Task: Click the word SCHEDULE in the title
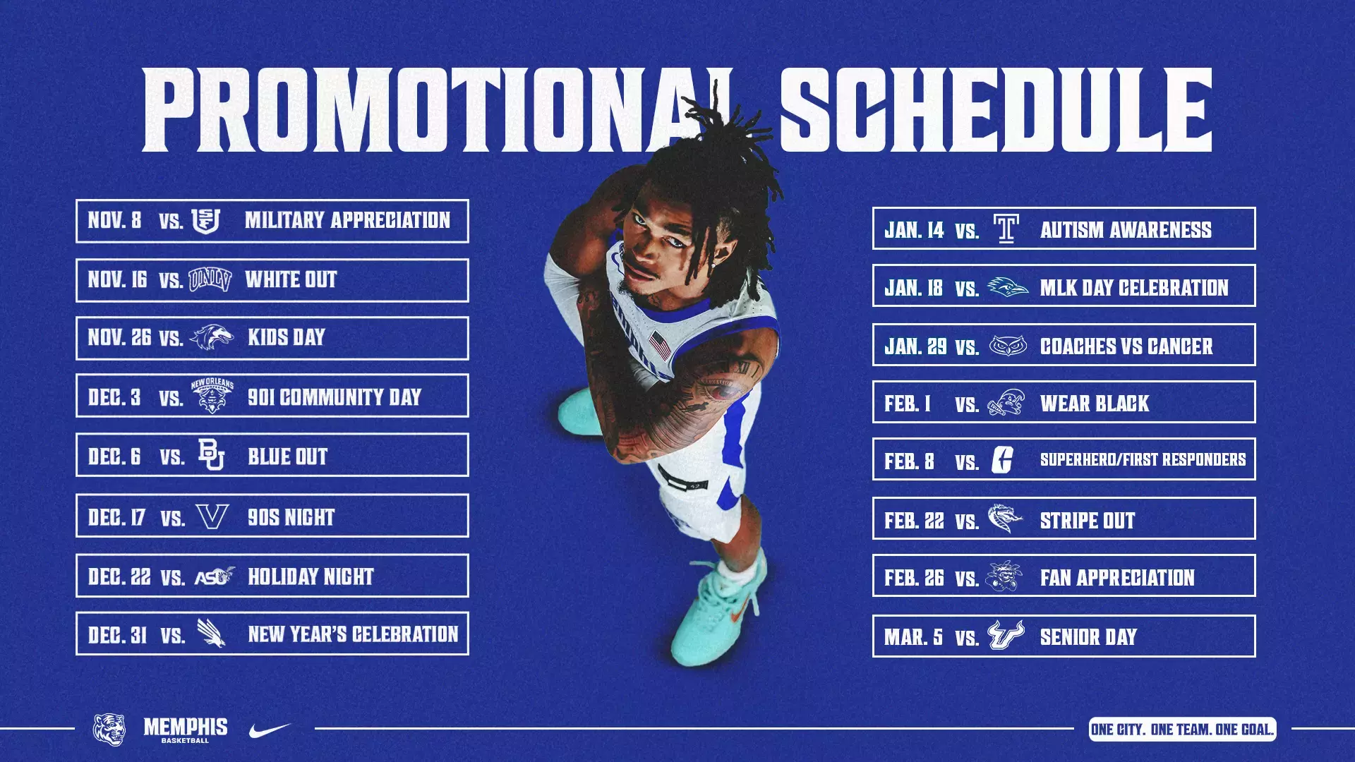[995, 111]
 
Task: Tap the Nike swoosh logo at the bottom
[270, 730]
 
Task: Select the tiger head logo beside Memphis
[109, 729]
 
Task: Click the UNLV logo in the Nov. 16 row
[210, 280]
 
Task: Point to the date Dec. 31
[117, 635]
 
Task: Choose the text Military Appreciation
[347, 221]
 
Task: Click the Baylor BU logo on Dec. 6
[211, 455]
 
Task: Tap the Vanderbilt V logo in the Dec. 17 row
[212, 516]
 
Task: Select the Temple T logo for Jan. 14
[1006, 229]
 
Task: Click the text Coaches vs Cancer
[1126, 346]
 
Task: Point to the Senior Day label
[1088, 637]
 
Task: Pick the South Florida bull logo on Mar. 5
[1006, 636]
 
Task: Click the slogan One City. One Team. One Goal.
[1182, 730]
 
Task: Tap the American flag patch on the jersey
[661, 346]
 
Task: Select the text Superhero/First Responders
[1143, 460]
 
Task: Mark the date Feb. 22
[914, 521]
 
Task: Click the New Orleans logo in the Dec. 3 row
[212, 397]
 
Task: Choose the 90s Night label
[291, 517]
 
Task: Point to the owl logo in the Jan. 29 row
[1007, 346]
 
